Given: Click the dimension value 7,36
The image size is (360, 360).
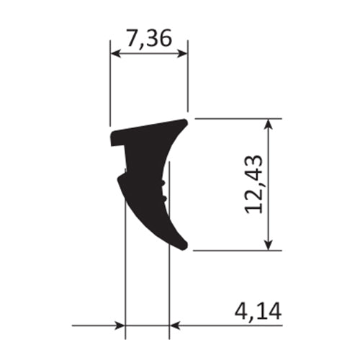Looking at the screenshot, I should tap(149, 38).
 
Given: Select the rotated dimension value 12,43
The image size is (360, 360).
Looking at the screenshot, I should tap(253, 185).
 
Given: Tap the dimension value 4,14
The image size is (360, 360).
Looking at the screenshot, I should tap(257, 312).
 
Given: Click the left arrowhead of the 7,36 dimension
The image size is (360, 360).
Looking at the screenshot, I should tap(114, 52).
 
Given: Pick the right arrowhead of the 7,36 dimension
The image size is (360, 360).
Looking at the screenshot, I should tap(183, 52).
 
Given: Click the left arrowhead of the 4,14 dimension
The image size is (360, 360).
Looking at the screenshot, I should tap(120, 326).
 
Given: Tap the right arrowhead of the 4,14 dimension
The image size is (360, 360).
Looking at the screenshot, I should tap(175, 326).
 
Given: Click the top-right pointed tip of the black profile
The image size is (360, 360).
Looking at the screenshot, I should tap(186, 122).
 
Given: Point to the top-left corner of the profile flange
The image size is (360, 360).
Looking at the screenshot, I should tap(112, 133).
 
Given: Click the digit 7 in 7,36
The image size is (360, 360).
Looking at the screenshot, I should tap(133, 38).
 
